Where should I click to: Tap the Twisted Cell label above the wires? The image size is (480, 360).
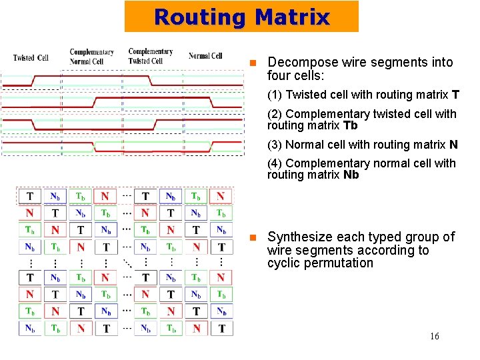click(31, 58)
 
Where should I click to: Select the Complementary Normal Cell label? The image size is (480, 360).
click(91, 57)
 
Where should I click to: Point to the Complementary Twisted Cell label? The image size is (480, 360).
click(150, 56)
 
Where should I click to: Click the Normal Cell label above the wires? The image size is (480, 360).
click(205, 56)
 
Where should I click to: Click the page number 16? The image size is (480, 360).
click(434, 336)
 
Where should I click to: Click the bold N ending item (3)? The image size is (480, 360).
click(453, 145)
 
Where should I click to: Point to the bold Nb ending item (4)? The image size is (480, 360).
click(351, 175)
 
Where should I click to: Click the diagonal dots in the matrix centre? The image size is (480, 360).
click(127, 261)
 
